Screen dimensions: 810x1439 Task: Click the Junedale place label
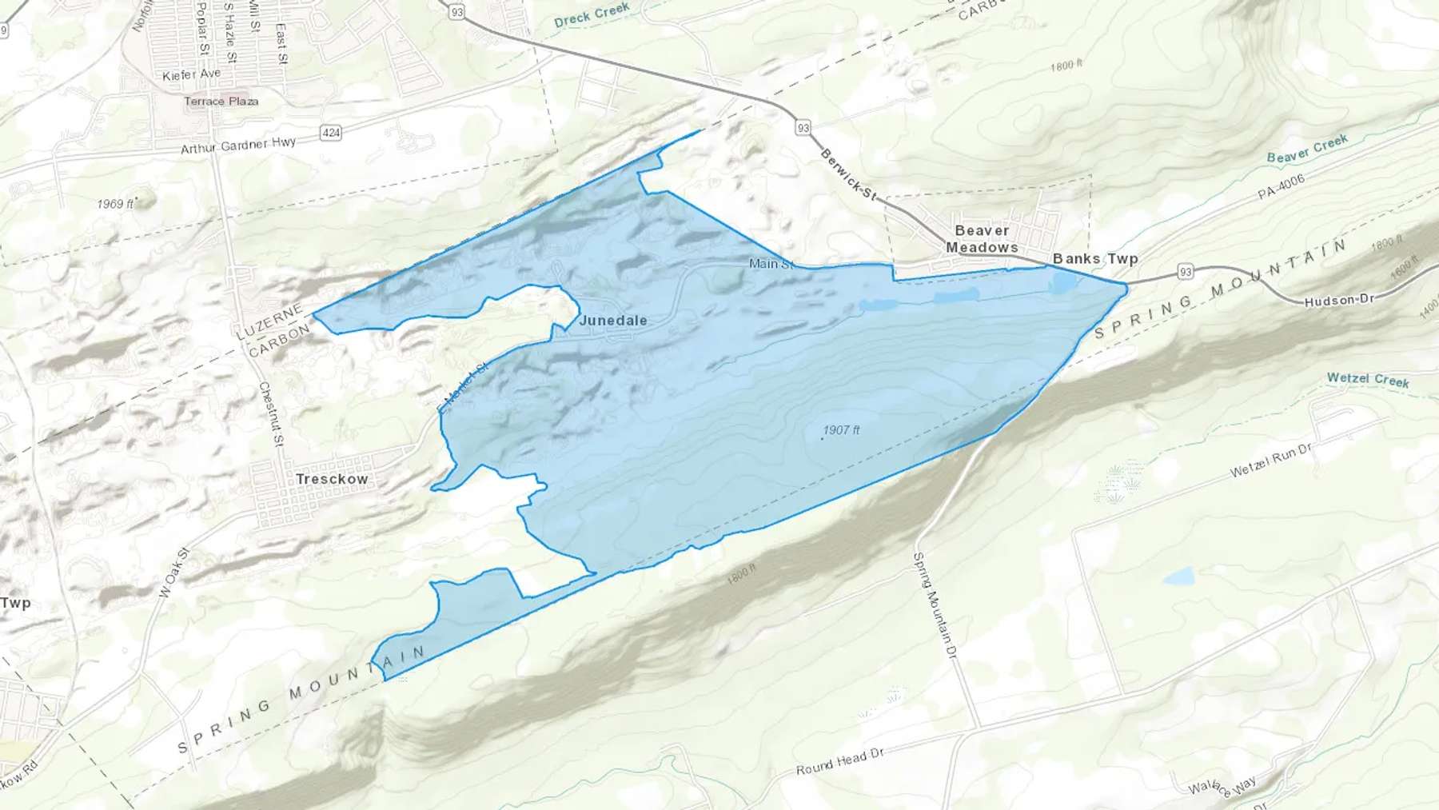(x=613, y=321)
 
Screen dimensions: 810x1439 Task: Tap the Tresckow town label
(x=332, y=479)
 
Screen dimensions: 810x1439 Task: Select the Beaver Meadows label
(x=982, y=239)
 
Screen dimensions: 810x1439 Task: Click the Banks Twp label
(x=1095, y=258)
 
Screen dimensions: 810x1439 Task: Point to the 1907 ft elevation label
(x=841, y=430)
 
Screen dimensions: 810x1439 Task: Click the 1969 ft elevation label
(x=115, y=204)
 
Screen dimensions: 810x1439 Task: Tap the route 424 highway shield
(x=331, y=133)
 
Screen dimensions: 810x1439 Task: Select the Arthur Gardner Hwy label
(x=238, y=146)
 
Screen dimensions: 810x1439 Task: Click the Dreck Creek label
(x=592, y=15)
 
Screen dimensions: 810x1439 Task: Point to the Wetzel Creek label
(x=1368, y=380)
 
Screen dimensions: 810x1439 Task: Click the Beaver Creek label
(x=1307, y=149)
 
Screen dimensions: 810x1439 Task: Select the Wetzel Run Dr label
(x=1270, y=461)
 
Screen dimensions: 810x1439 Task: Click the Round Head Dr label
(x=839, y=762)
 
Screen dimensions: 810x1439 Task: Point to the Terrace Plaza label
(x=221, y=102)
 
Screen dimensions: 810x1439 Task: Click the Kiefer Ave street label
(x=191, y=75)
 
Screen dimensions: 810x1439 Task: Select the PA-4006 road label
(x=1281, y=187)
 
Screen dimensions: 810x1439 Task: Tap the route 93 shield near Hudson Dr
(x=1186, y=272)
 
